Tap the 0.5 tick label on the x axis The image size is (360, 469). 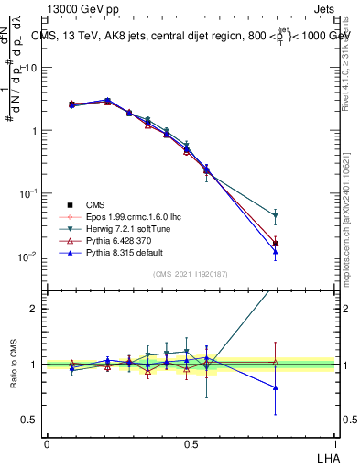pos(191,443)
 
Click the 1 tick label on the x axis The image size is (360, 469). pos(335,443)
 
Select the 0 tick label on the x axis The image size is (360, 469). pos(47,443)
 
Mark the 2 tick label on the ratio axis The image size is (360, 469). pos(34,309)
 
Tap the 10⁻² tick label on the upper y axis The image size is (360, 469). pos(27,256)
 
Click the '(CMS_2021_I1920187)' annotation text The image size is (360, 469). pos(191,273)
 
